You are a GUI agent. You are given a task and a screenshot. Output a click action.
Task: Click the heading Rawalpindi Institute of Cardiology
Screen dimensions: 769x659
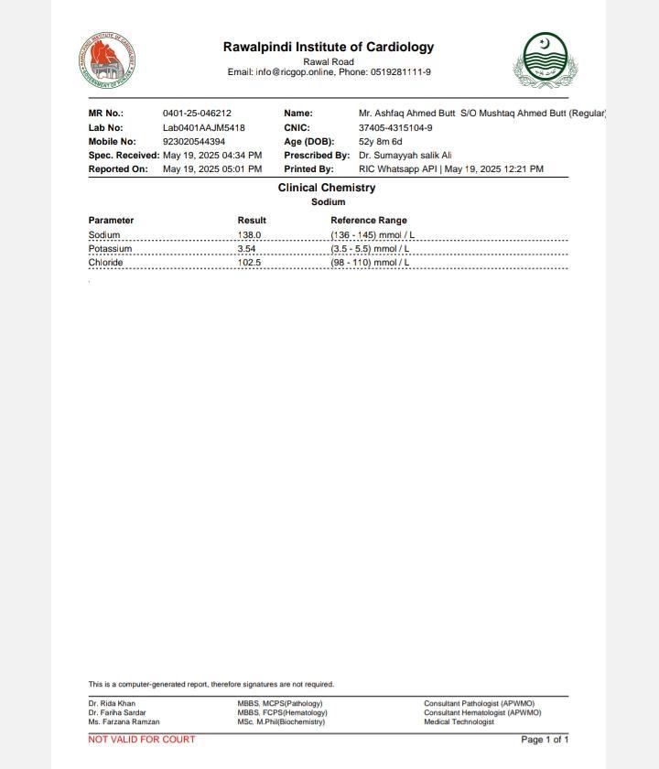point(329,47)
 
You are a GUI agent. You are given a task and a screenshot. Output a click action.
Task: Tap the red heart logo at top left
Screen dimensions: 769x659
point(107,60)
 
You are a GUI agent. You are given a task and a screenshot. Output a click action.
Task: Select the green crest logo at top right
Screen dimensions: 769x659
point(546,60)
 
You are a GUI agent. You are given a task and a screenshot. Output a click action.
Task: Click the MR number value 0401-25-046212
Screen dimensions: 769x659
point(197,114)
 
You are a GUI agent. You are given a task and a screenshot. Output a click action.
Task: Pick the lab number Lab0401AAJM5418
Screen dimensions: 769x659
point(203,128)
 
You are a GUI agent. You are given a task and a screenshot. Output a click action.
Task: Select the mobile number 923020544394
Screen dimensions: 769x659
point(193,142)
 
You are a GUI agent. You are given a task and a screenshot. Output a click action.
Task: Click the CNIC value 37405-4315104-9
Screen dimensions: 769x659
point(395,128)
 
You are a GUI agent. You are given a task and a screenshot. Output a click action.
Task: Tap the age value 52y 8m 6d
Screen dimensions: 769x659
point(380,142)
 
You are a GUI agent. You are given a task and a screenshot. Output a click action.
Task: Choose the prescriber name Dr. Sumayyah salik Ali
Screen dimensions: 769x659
point(405,156)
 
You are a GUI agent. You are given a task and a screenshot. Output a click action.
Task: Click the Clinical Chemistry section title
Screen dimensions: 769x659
point(327,188)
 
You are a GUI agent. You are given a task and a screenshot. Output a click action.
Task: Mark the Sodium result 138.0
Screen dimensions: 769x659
point(249,235)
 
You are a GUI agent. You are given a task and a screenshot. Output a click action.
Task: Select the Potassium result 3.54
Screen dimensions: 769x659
point(246,249)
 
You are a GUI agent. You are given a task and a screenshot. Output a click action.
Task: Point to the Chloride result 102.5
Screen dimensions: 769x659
point(249,263)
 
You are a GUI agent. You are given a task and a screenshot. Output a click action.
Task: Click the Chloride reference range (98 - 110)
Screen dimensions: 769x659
point(370,263)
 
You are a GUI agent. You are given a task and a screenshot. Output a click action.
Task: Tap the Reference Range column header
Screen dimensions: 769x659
point(369,221)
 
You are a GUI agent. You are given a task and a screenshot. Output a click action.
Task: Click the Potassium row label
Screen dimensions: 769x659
point(110,249)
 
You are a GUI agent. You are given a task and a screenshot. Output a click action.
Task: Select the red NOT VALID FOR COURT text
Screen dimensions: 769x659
point(142,739)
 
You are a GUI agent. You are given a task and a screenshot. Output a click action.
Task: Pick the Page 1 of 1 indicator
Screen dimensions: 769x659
point(545,740)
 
